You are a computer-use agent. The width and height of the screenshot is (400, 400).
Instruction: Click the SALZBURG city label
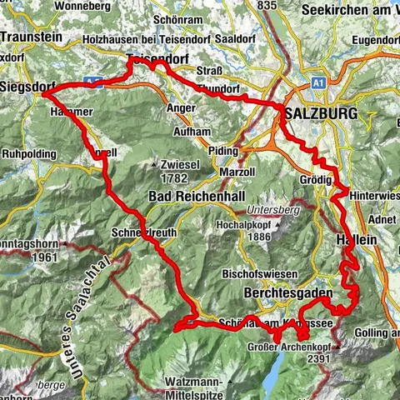[x=321, y=112]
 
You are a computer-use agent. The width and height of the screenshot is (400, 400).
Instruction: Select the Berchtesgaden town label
[x=289, y=293]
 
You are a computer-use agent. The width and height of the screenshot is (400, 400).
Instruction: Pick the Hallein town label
[x=357, y=238]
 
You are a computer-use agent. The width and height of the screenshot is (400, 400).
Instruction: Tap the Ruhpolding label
[x=29, y=154]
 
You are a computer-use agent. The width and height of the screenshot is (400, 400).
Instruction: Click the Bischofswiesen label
[x=259, y=274]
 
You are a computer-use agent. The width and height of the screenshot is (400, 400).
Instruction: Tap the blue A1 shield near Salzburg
[x=317, y=83]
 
